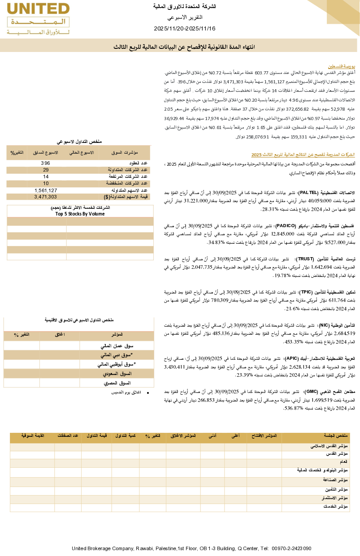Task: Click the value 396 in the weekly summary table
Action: pyautogui.click(x=46, y=163)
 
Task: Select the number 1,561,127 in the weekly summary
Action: pyautogui.click(x=46, y=190)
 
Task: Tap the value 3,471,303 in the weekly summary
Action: pyautogui.click(x=46, y=197)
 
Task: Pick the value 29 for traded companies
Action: pyautogui.click(x=46, y=170)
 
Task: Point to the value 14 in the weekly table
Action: pyautogui.click(x=46, y=177)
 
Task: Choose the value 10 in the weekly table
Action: pyautogui.click(x=46, y=183)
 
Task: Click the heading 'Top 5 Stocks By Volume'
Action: pyautogui.click(x=80, y=214)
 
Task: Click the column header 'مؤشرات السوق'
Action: pyautogui.click(x=124, y=153)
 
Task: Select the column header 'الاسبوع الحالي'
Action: pyautogui.click(x=81, y=153)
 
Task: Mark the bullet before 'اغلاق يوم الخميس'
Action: pyautogui.click(x=148, y=393)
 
